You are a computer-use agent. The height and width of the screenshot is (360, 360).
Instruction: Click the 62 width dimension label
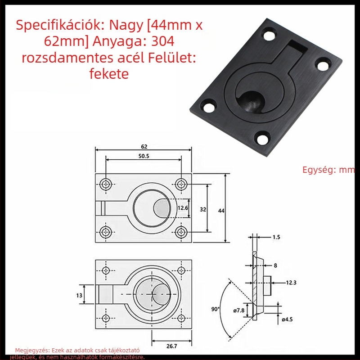point(144,146)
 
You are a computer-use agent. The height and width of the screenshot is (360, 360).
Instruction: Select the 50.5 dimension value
point(144,156)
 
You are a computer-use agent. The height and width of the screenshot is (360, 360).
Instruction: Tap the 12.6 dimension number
point(183,208)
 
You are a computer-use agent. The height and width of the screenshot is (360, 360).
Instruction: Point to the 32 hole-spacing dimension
point(203,209)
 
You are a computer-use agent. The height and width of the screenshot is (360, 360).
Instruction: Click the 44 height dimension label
point(221,211)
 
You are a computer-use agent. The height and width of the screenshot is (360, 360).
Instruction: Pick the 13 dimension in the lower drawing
point(79,295)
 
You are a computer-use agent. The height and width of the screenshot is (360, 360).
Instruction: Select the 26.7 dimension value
point(172,346)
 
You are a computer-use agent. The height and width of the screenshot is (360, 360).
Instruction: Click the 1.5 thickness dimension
point(276,237)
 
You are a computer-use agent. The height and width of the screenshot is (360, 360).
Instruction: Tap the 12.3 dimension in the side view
point(291,283)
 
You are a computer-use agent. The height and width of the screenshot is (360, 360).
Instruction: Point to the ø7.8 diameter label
point(239,310)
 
